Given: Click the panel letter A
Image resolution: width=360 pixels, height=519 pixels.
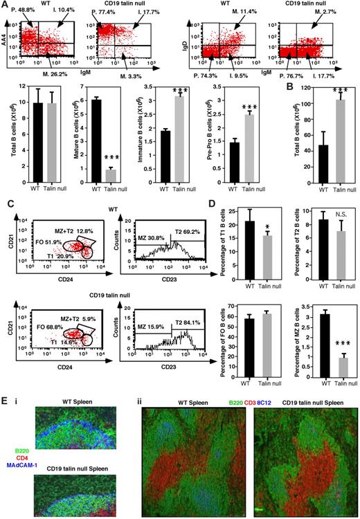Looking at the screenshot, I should click(5, 5).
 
